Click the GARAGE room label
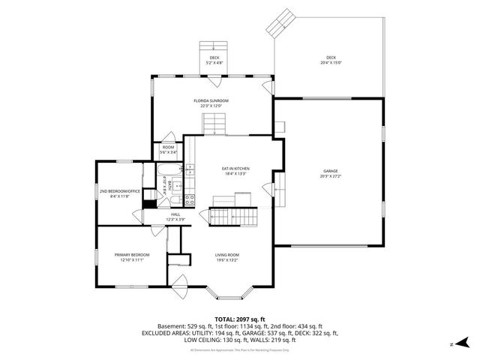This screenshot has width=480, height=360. (331, 171)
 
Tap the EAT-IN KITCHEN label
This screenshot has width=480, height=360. (235, 169)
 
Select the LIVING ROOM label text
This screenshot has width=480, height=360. (227, 255)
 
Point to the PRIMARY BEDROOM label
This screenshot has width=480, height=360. (131, 255)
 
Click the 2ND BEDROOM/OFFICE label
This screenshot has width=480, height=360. (119, 191)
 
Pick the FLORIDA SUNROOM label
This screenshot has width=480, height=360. (211, 100)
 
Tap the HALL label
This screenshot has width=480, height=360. (175, 214)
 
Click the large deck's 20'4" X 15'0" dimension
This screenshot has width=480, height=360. (331, 63)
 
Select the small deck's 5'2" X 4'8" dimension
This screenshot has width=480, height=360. (214, 63)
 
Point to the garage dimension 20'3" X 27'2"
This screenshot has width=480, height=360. (331, 177)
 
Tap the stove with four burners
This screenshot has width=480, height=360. (190, 199)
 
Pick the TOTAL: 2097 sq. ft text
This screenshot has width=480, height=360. (239, 318)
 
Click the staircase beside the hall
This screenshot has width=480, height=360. (232, 217)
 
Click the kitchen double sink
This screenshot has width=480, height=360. (190, 180)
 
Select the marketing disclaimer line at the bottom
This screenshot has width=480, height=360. (239, 350)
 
